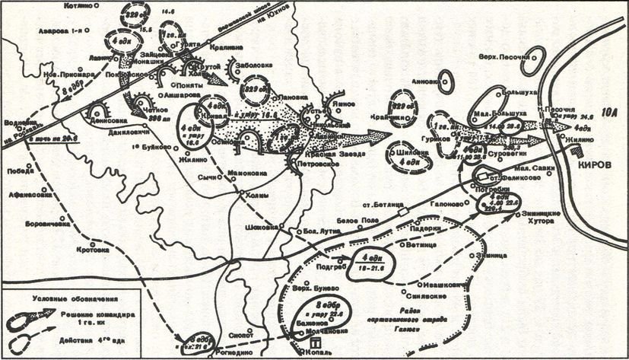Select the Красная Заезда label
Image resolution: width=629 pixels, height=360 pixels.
338,151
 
